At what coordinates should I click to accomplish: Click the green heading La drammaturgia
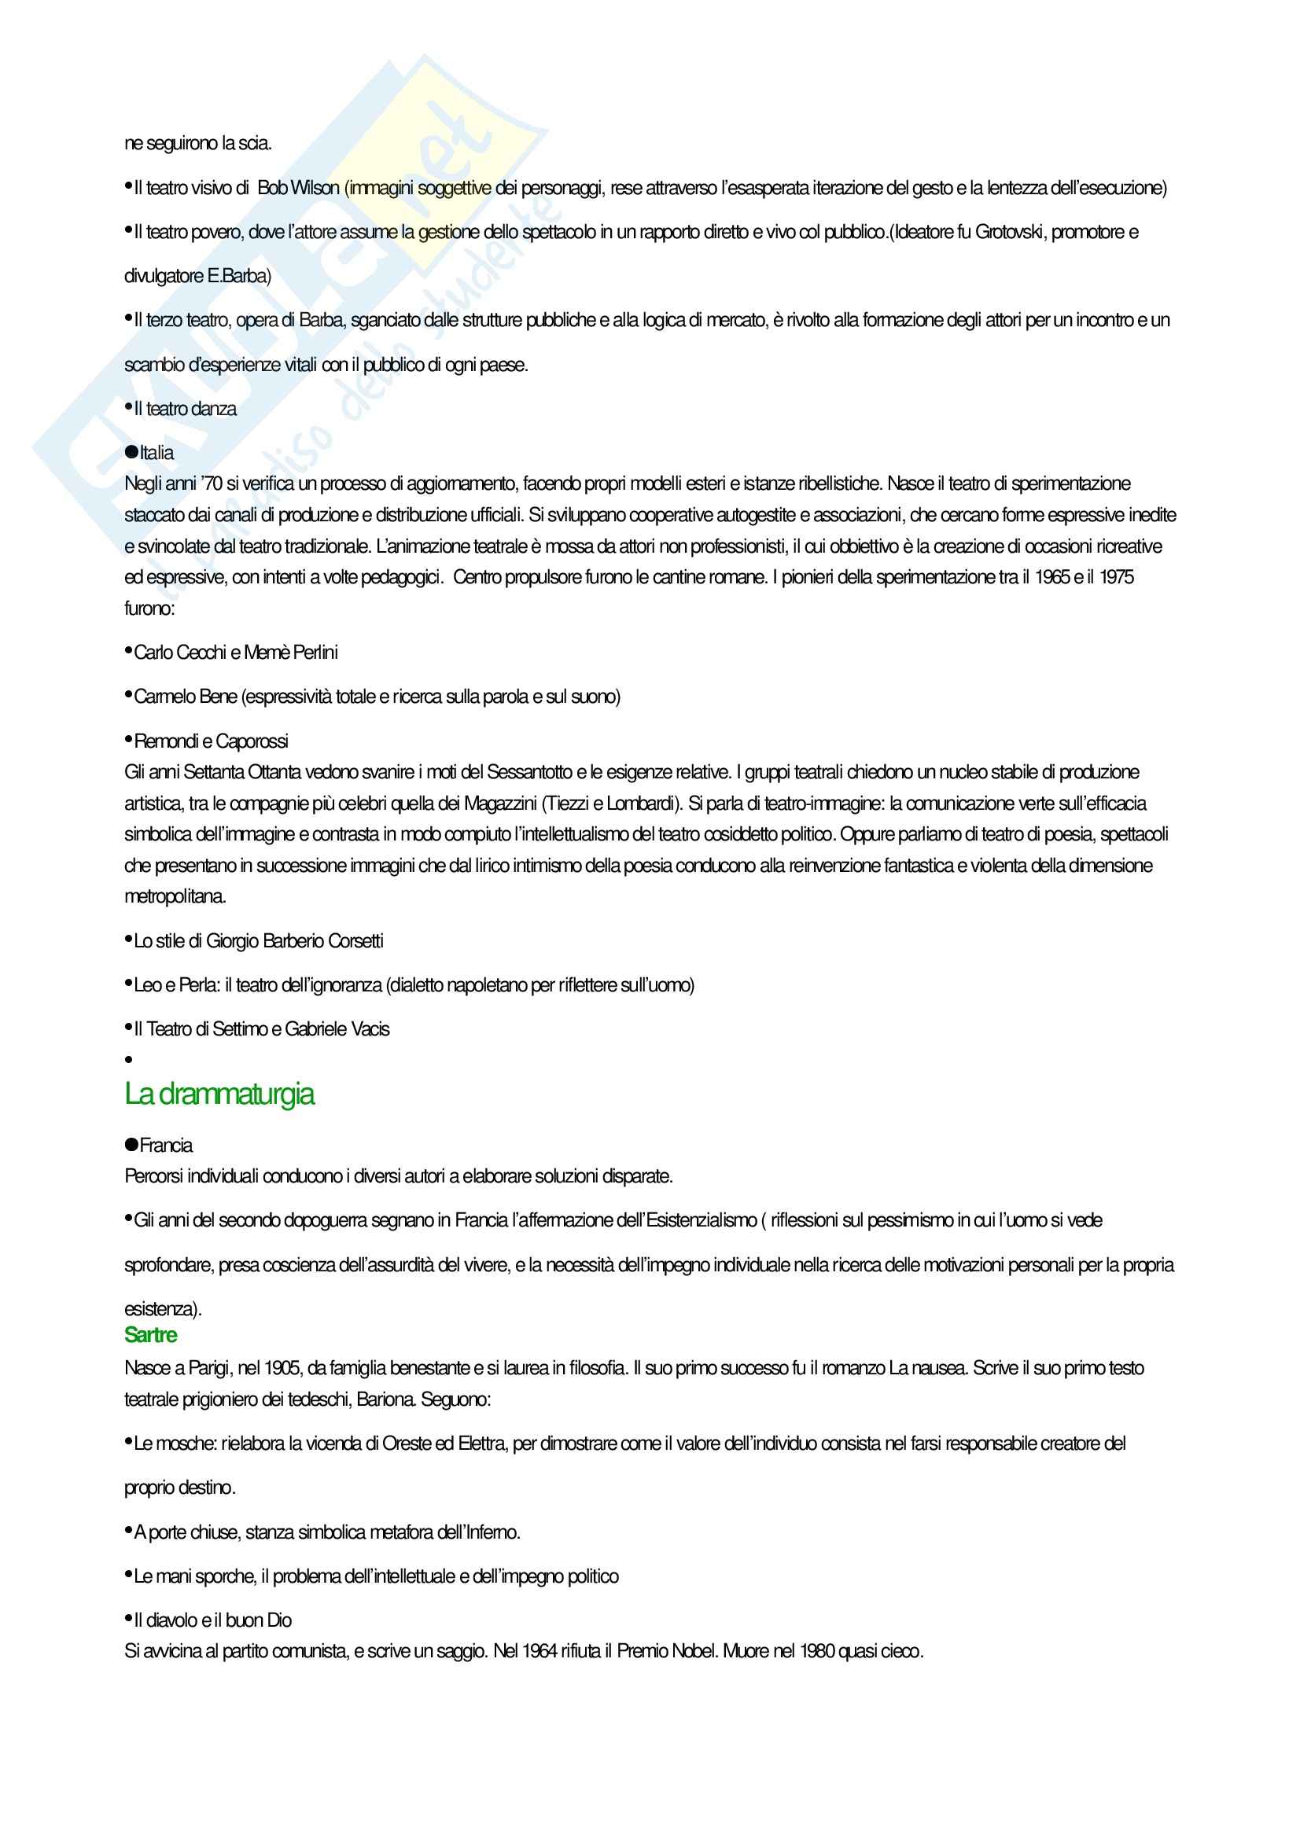click(219, 1094)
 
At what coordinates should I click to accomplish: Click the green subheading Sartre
click(150, 1335)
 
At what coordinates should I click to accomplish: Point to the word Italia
click(157, 454)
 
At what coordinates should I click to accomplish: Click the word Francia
click(166, 1146)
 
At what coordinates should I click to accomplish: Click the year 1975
click(1116, 578)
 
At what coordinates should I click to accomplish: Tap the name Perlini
click(315, 653)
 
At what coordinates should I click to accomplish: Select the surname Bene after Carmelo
click(218, 697)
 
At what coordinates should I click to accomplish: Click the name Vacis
click(370, 1029)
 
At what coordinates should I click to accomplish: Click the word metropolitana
click(175, 897)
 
